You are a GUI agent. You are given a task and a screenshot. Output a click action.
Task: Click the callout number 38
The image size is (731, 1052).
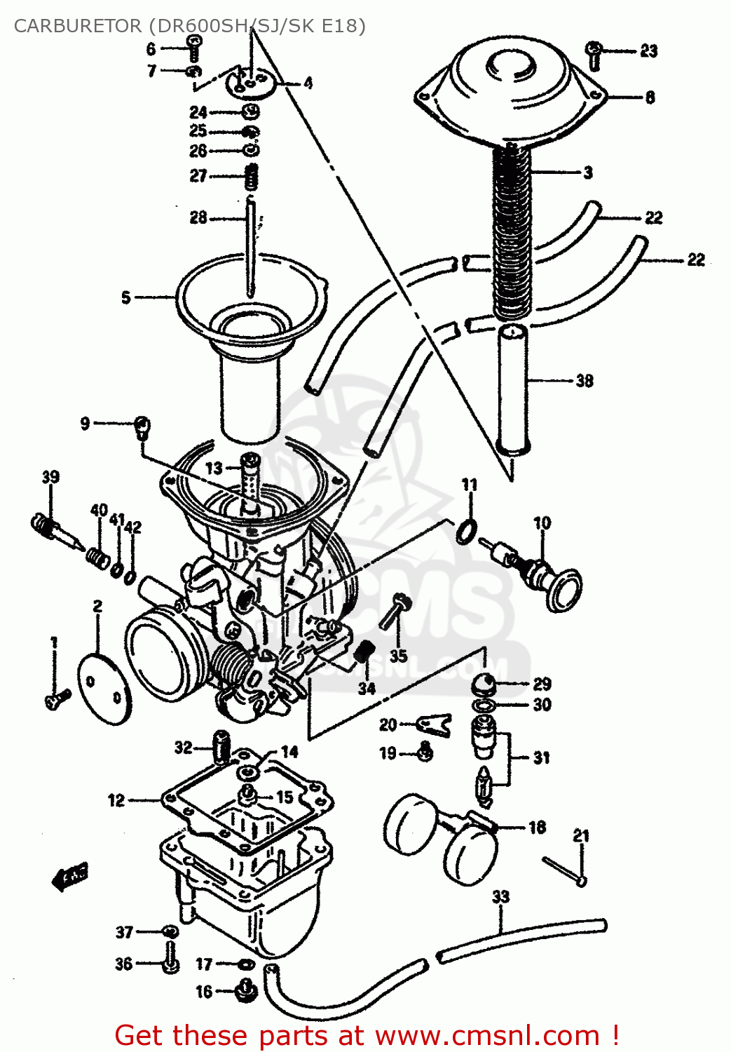585,381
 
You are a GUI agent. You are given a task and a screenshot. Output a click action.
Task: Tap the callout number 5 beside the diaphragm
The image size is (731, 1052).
126,297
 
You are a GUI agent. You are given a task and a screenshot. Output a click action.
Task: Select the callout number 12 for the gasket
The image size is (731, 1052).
116,800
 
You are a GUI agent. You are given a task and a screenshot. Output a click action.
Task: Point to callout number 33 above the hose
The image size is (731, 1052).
500,896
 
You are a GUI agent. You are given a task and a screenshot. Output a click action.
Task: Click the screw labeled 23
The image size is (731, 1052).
594,54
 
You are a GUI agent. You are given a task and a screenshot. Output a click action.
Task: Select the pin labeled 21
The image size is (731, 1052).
563,870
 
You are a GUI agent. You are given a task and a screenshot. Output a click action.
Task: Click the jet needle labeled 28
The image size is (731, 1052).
250,245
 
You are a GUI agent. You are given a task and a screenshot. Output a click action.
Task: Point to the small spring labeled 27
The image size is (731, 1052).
252,176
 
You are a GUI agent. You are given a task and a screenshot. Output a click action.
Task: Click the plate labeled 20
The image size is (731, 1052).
434,724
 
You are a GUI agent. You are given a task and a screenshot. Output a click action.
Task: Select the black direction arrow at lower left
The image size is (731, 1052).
71,876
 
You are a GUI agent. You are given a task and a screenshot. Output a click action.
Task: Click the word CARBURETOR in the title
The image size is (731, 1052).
77,26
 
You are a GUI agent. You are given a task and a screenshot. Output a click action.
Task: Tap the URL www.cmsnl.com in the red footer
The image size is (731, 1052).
487,1035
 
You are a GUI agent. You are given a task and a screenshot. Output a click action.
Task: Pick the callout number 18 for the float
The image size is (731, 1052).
537,828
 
